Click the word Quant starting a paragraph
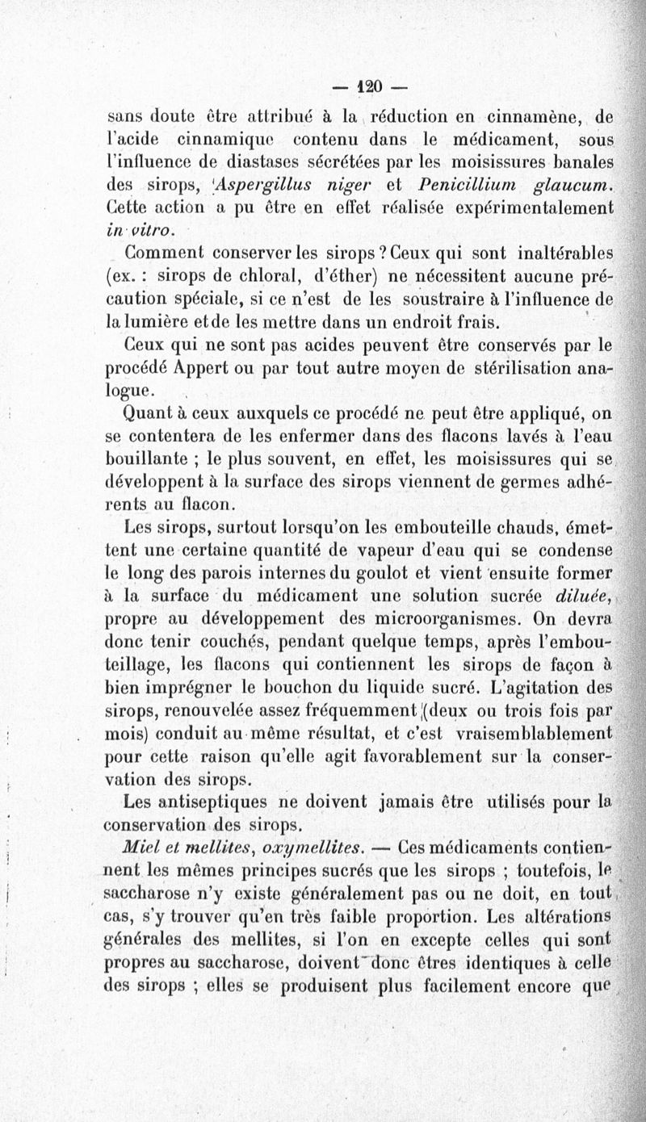coord(145,414)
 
